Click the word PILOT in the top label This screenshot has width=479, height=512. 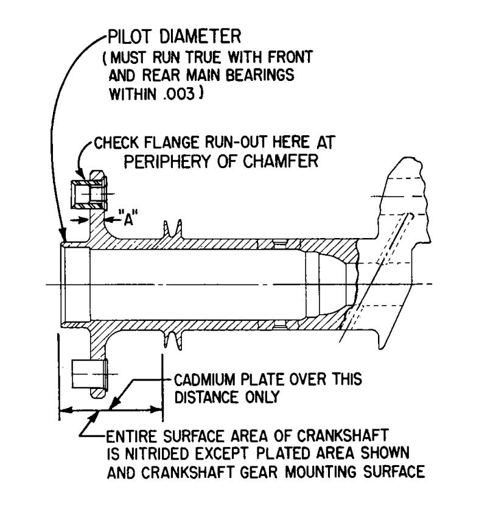[x=130, y=37]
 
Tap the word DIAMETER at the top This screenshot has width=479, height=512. [x=200, y=37]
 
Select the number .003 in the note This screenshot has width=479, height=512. [x=178, y=94]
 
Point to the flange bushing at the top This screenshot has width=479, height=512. [x=88, y=195]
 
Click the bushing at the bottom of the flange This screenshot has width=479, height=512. [x=89, y=374]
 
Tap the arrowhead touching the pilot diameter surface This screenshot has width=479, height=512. [x=63, y=236]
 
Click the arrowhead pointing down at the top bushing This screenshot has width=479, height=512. [x=80, y=174]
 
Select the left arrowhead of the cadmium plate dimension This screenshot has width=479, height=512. [x=66, y=410]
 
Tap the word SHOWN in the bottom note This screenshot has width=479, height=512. [x=385, y=454]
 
